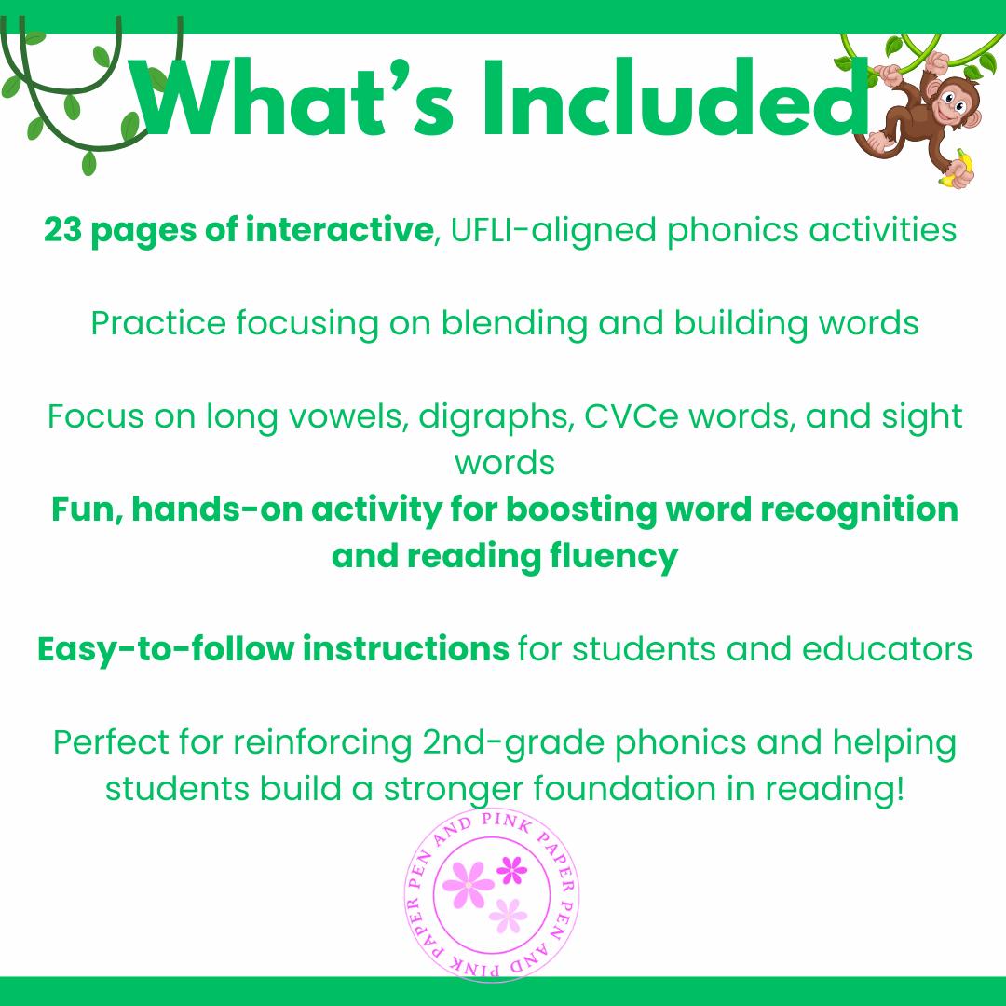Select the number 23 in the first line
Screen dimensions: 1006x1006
62,230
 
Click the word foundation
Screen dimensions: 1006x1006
630,789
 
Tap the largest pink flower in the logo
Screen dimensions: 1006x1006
468,882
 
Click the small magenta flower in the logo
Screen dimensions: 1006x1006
511,870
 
